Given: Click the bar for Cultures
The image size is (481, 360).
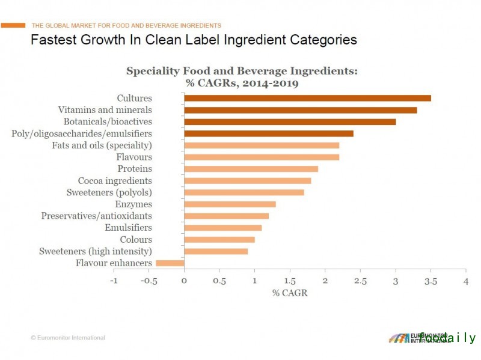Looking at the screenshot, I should (307, 98).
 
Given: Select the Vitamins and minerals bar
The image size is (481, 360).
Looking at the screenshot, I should (300, 110).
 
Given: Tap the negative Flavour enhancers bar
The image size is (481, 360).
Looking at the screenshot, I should (170, 263).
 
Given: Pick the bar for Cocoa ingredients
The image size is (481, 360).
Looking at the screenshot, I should (247, 181).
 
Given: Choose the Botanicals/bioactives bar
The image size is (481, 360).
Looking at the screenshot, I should (290, 121).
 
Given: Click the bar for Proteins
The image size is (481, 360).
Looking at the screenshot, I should (251, 169).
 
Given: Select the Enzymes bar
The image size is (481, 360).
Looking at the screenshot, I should (230, 204).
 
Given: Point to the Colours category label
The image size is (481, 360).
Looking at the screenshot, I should (135, 240).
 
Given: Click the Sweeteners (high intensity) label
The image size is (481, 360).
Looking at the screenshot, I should (96, 251).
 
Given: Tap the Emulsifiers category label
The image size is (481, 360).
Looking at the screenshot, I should (128, 228).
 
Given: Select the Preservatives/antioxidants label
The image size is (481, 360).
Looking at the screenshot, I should (96, 216).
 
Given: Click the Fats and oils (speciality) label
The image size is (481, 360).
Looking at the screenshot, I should (102, 145).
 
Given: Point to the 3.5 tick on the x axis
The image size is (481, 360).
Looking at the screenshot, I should (430, 281).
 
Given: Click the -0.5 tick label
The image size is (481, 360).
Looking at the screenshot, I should (149, 281).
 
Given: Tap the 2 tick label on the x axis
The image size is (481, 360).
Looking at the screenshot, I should (325, 281).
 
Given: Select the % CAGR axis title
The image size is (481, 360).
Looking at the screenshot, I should (289, 293).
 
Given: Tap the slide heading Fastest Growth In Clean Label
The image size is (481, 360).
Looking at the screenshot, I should (194, 40).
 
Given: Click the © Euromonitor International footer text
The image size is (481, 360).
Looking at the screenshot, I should (68, 338).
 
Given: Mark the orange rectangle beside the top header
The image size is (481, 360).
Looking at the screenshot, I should (13, 25).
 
